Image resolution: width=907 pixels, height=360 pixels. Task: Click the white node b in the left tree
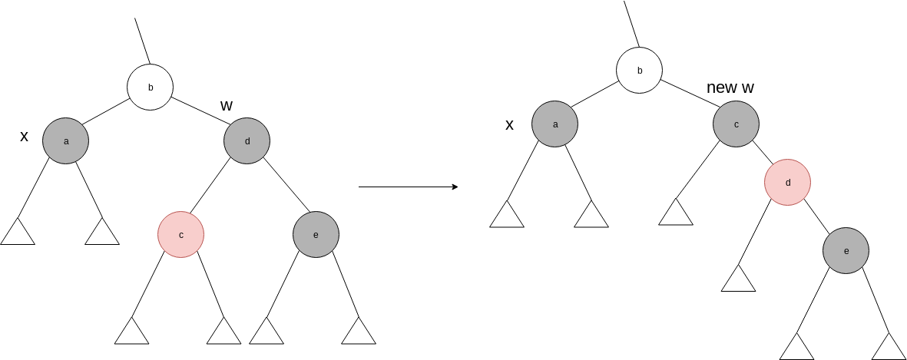click(151, 87)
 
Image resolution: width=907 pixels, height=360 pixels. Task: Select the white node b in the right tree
click(640, 71)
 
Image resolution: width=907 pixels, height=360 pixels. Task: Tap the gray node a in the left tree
click(66, 140)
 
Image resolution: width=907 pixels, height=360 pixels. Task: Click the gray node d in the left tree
click(247, 140)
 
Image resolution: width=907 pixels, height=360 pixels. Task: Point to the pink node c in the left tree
click(181, 234)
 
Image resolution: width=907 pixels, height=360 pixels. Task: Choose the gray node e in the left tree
click(316, 234)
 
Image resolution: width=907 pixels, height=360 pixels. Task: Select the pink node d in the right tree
click(787, 182)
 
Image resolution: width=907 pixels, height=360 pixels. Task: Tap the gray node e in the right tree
click(846, 250)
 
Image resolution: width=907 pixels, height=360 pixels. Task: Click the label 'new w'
click(730, 88)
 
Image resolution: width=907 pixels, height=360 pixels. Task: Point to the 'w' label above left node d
click(227, 105)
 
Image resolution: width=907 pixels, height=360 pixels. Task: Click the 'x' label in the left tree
click(24, 137)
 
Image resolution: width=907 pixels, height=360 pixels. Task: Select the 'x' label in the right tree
click(509, 124)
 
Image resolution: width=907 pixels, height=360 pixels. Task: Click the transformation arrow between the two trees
click(409, 187)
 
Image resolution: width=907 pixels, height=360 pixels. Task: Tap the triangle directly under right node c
click(676, 213)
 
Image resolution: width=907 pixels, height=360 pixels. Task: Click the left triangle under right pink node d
click(739, 279)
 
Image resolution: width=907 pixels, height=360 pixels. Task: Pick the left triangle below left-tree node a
click(18, 233)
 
